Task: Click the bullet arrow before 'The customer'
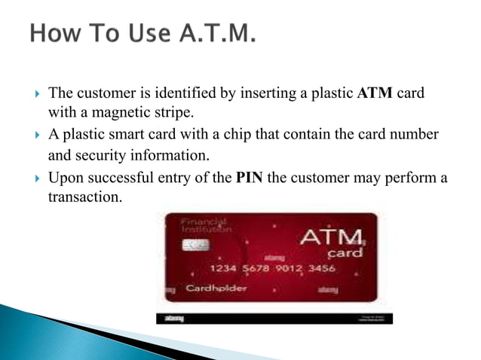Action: (x=30, y=95)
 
